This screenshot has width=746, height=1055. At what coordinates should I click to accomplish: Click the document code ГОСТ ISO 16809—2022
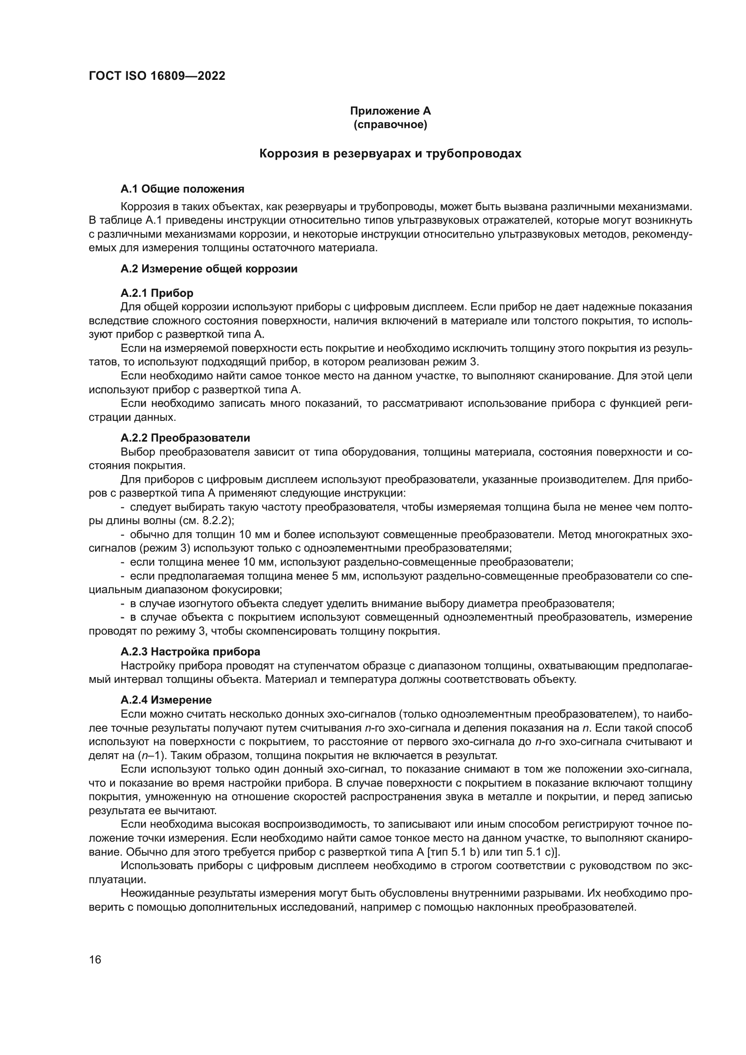click(x=157, y=76)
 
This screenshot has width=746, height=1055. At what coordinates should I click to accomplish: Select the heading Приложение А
click(x=390, y=111)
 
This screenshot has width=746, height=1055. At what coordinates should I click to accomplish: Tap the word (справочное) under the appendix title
click(x=390, y=124)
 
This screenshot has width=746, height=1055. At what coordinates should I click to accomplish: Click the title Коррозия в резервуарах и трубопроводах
click(x=390, y=153)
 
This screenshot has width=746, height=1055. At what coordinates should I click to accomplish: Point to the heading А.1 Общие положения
click(x=182, y=189)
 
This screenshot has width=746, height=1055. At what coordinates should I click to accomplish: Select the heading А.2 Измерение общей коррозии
click(x=209, y=269)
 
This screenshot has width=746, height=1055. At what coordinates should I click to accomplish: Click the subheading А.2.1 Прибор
click(x=157, y=293)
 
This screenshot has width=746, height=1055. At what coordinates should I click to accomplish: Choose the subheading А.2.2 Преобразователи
click(x=185, y=438)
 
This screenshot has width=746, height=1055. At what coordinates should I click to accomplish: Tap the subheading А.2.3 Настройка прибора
click(x=190, y=652)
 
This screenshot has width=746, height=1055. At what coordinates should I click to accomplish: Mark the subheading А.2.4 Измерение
click(x=166, y=700)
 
